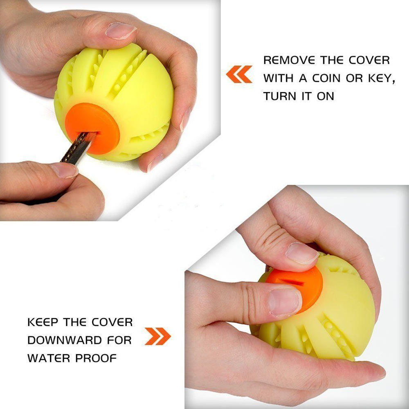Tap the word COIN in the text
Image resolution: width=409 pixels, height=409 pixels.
tap(318, 78)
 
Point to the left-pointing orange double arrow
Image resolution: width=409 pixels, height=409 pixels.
tap(239, 74)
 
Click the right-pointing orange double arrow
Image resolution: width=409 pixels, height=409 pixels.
tap(157, 336)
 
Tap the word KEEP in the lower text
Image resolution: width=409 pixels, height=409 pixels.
tap(43, 322)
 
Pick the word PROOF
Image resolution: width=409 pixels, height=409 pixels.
tap(97, 359)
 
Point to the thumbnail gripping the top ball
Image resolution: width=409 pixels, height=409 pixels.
tap(121, 31)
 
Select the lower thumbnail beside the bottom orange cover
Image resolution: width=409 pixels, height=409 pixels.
tap(285, 302)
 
